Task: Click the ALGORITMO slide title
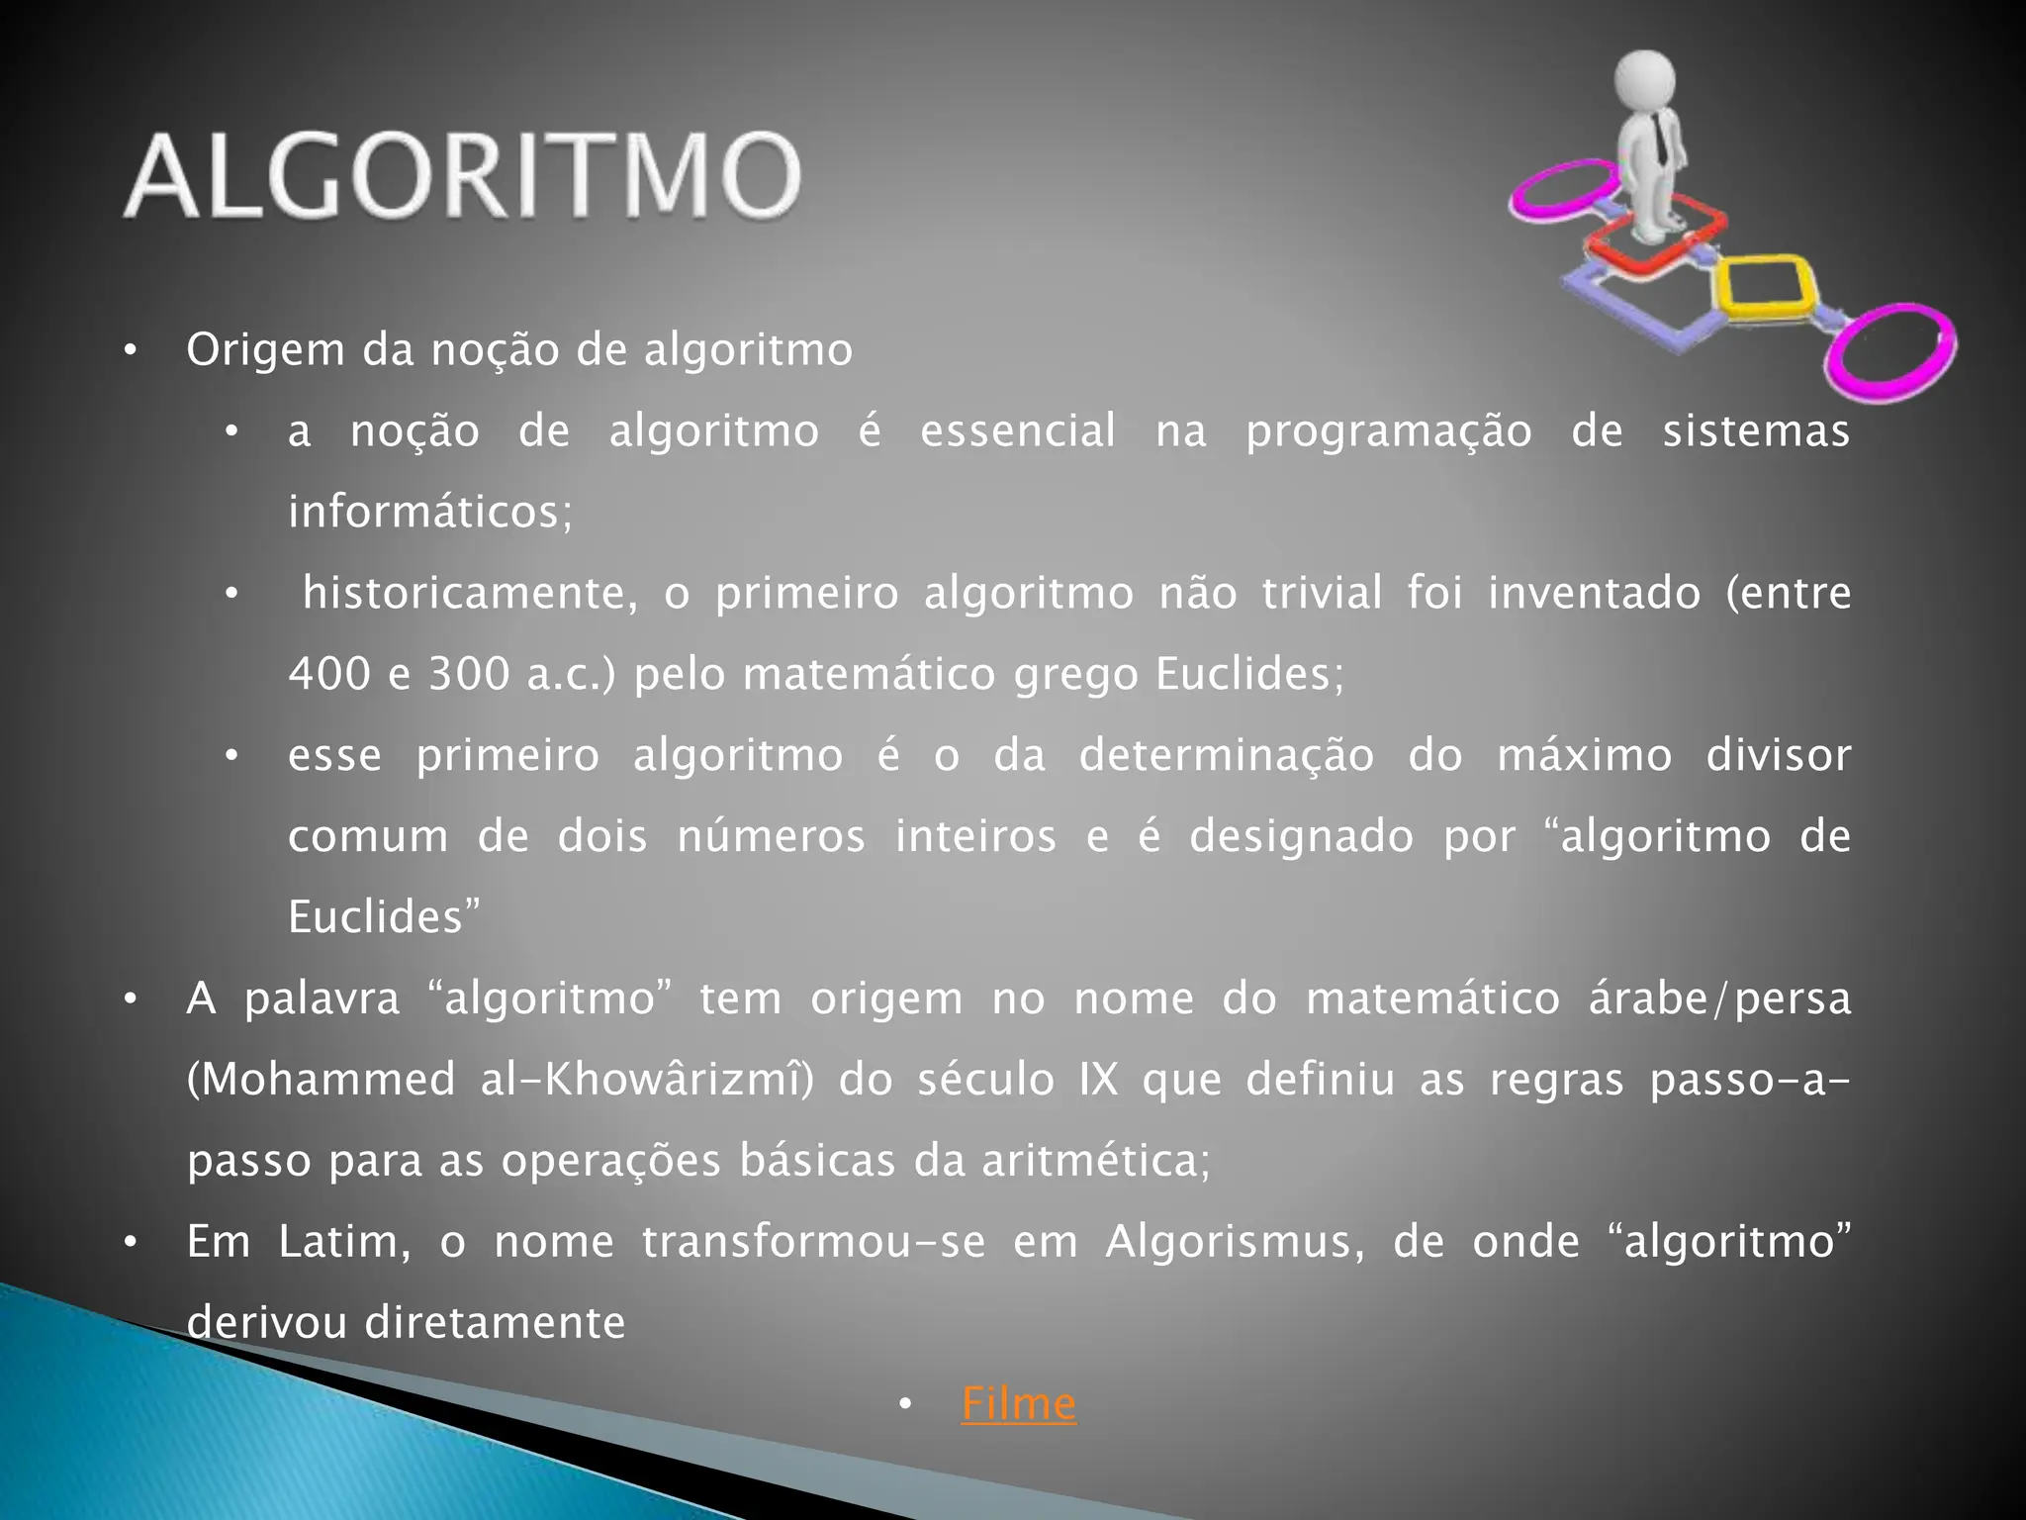coord(463,175)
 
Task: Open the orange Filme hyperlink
coord(1018,1404)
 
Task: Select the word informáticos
coord(429,513)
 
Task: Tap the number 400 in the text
coord(329,675)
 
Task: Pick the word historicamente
coord(470,594)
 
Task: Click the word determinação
coord(1226,756)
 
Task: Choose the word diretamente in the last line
coord(495,1323)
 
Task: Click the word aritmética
coord(1095,1161)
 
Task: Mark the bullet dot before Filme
coord(904,1404)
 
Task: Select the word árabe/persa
coord(1719,998)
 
